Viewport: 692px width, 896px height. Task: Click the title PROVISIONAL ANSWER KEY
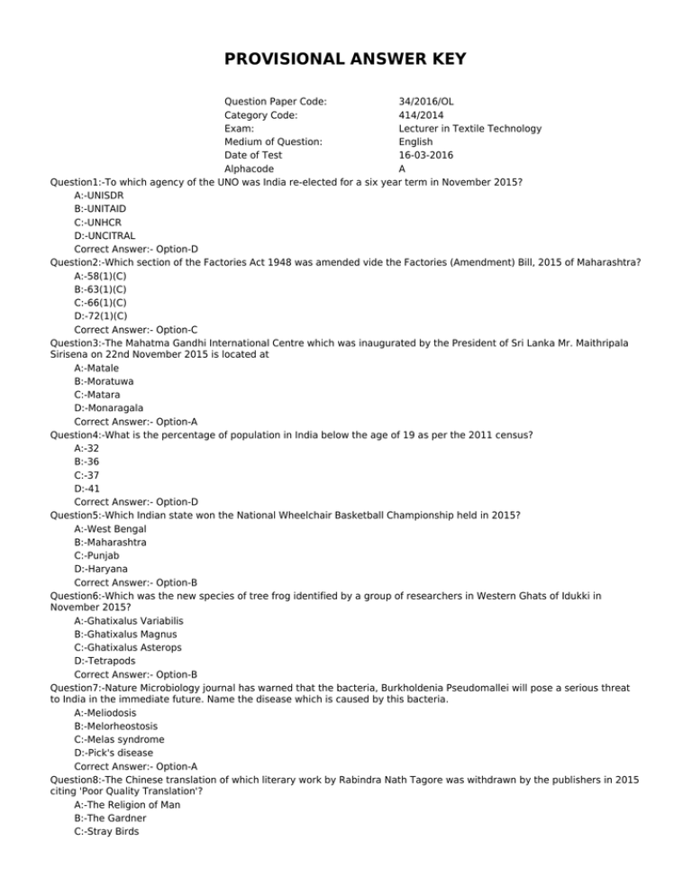[346, 62]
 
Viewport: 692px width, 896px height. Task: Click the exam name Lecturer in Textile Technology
[469, 128]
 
